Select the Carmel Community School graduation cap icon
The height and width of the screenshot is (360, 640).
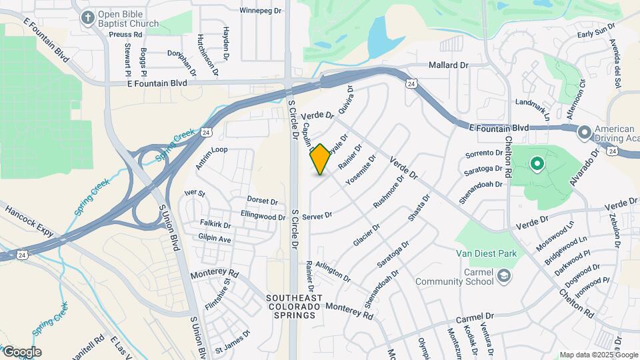tap(505, 275)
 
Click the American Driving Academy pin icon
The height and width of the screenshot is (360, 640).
tap(585, 133)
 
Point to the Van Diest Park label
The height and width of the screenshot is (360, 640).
tap(486, 253)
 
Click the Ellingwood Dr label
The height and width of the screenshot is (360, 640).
tap(263, 216)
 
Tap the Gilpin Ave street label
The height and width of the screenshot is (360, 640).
tap(214, 238)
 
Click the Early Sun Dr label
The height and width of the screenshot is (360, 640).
tap(595, 33)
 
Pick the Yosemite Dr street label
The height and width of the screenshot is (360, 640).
tap(361, 170)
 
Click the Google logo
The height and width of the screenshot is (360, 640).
tap(22, 352)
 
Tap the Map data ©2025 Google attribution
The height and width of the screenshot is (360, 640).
tap(599, 355)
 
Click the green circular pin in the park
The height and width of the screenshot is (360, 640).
tap(537, 163)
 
